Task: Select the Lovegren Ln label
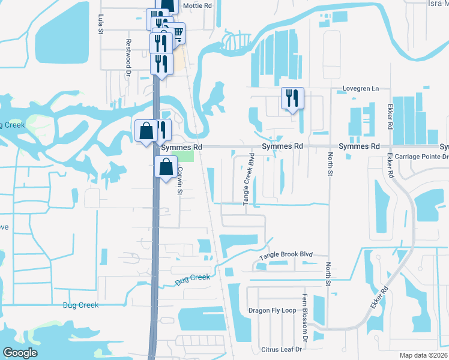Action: tap(361, 89)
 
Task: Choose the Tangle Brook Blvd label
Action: tap(286, 256)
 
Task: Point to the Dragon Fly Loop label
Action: tap(273, 311)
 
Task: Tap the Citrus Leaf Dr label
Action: tap(284, 349)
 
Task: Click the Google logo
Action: tap(20, 353)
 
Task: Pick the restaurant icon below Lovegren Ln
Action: tap(292, 98)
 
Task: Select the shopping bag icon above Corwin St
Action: tap(166, 167)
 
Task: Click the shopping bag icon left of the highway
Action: tap(146, 130)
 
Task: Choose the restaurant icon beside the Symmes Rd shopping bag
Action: tap(161, 129)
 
